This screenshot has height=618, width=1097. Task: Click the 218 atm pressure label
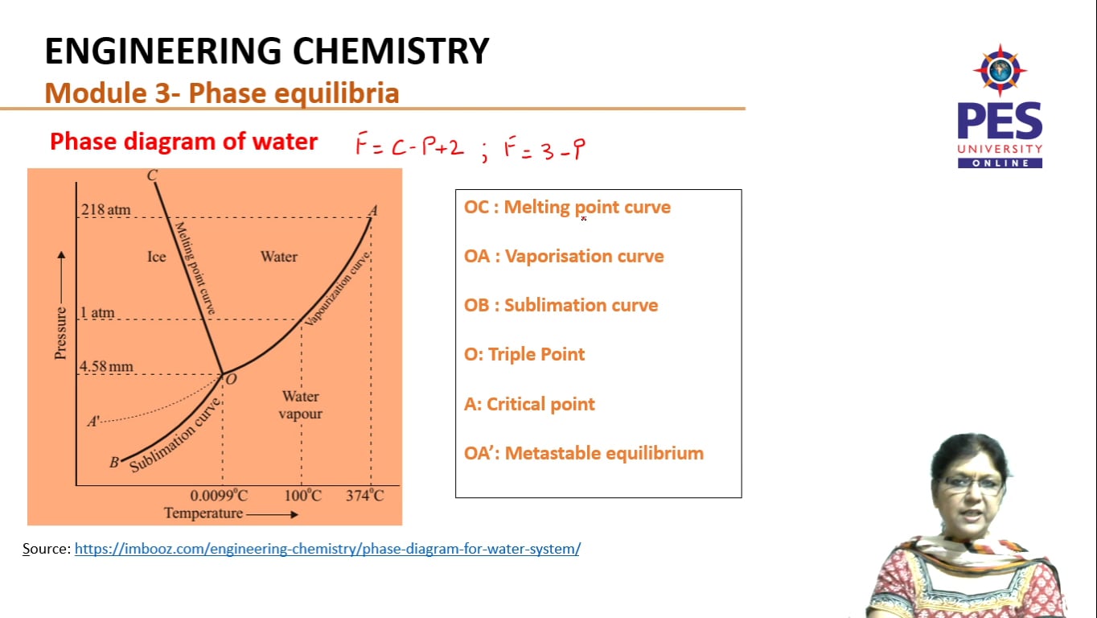tap(105, 210)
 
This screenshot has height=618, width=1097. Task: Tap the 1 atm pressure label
tap(97, 312)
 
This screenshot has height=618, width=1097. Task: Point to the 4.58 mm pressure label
tap(106, 367)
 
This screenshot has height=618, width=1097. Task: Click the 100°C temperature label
tap(302, 495)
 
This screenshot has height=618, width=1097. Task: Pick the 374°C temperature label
tap(365, 495)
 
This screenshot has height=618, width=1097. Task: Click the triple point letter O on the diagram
tap(231, 379)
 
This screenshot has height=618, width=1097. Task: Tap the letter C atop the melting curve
tap(152, 175)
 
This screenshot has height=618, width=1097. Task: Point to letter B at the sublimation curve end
tap(114, 462)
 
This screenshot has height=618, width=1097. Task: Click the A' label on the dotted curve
tap(94, 421)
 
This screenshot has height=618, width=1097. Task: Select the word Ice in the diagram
tap(156, 257)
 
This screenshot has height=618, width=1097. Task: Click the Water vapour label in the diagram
tap(300, 405)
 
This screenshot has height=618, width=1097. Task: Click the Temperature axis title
tap(203, 513)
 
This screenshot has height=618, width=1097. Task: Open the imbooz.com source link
tap(327, 549)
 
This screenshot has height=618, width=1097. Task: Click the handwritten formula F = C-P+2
tap(410, 146)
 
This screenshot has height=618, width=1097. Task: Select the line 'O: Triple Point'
tap(524, 354)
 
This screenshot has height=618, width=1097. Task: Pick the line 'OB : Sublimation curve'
tap(561, 305)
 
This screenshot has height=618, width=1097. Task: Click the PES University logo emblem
tap(999, 71)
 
